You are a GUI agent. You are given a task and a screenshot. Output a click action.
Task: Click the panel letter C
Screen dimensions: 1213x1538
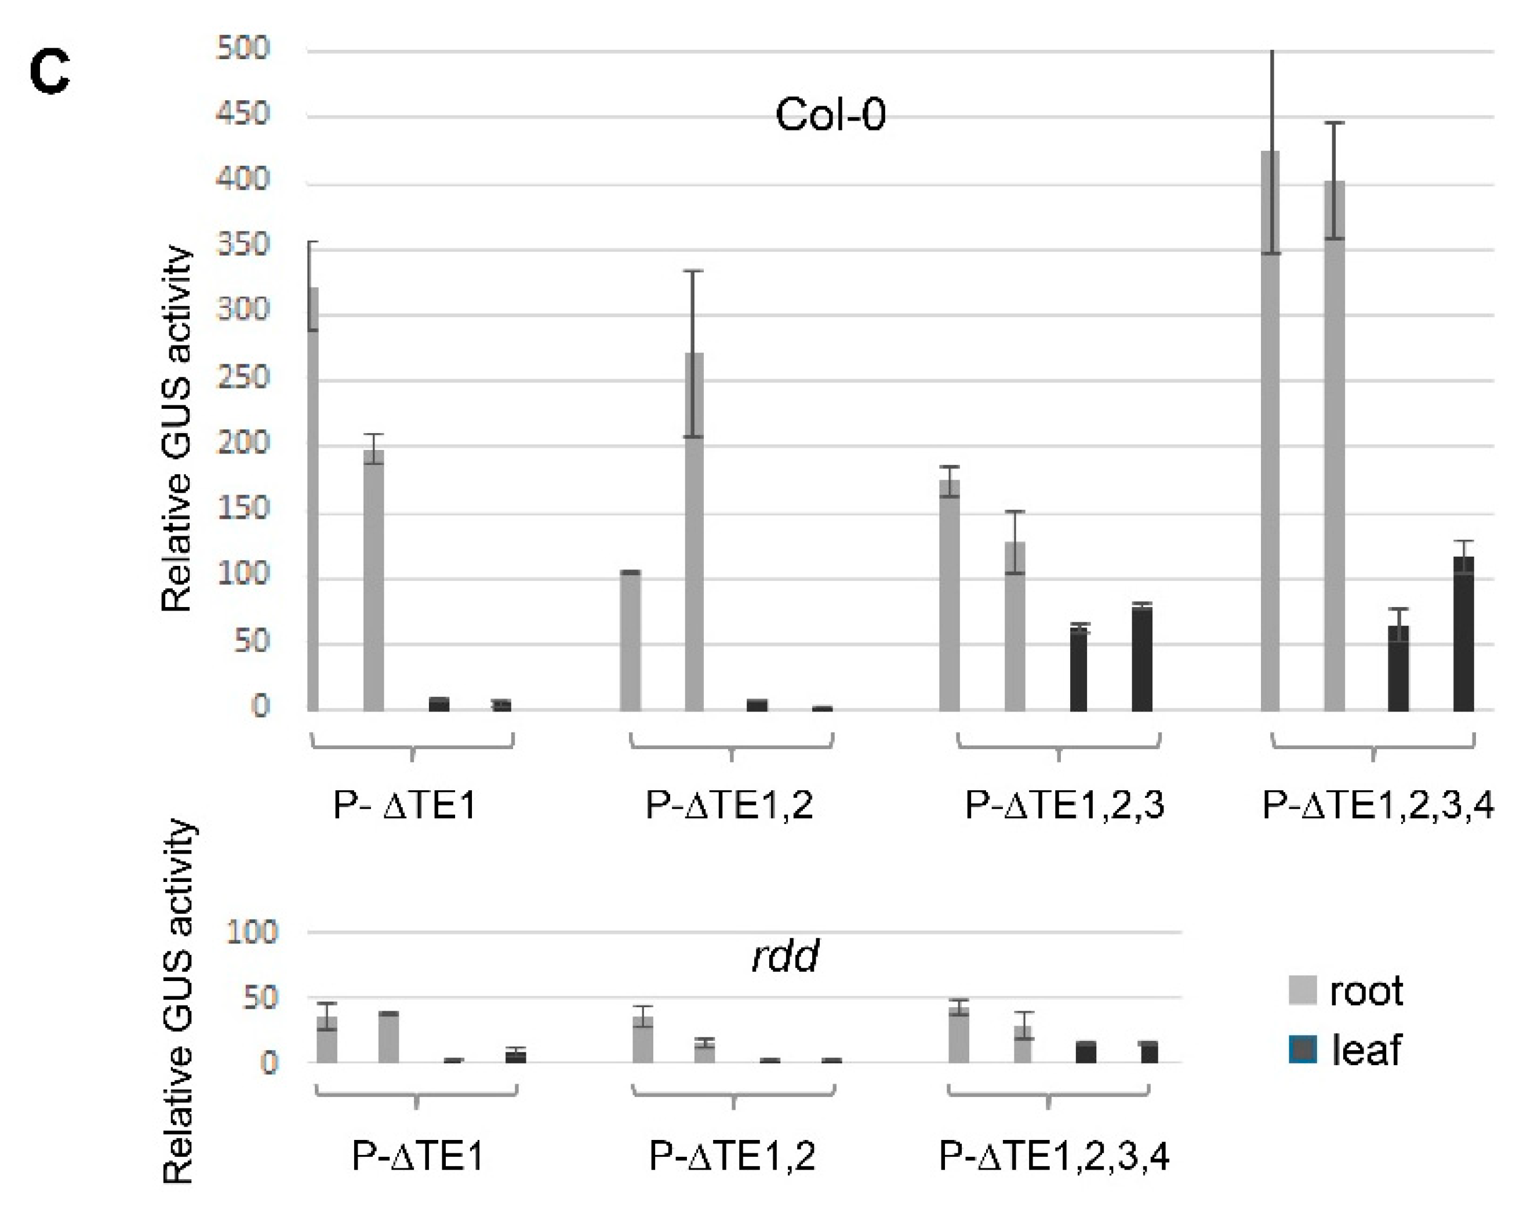pyautogui.click(x=49, y=72)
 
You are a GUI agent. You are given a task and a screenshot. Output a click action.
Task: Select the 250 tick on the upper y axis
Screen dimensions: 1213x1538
pyautogui.click(x=243, y=377)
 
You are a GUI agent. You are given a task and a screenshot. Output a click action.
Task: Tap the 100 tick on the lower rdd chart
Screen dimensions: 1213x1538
pyautogui.click(x=252, y=932)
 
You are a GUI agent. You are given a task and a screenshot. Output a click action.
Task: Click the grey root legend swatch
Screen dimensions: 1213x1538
pyautogui.click(x=1302, y=990)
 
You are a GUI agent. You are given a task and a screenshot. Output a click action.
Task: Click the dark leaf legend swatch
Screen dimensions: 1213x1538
pyautogui.click(x=1302, y=1049)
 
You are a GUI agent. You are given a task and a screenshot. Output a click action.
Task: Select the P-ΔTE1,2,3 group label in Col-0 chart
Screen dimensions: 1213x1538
pyautogui.click(x=1064, y=805)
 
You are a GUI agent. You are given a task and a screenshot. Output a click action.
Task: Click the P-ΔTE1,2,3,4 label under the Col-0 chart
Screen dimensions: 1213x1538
pyautogui.click(x=1377, y=805)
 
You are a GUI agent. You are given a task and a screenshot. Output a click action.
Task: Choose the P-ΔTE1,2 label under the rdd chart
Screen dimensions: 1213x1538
pyautogui.click(x=732, y=1156)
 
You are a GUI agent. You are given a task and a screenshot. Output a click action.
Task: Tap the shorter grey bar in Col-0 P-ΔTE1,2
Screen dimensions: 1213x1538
pyautogui.click(x=630, y=639)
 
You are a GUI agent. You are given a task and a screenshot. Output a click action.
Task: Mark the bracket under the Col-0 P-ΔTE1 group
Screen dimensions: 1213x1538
pyautogui.click(x=412, y=746)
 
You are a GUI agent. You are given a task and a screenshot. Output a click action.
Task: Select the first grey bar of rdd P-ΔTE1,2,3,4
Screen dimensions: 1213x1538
pyautogui.click(x=959, y=1035)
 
